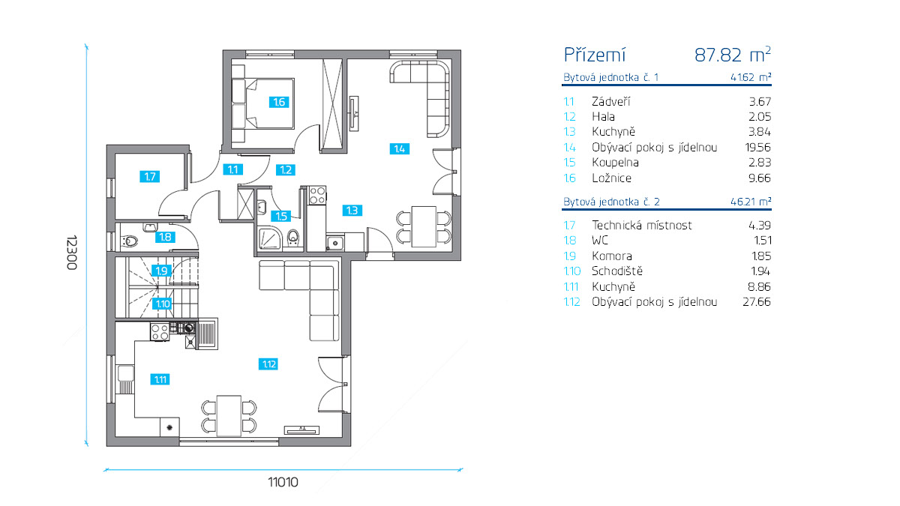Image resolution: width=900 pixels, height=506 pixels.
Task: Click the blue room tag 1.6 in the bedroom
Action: pos(279,102)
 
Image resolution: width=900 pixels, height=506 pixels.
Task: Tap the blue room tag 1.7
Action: pos(149,176)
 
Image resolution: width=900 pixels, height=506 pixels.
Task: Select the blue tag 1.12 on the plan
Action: pos(268,364)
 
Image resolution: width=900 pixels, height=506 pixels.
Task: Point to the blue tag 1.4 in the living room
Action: pos(399,149)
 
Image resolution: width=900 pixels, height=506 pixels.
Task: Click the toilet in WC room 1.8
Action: pos(129,241)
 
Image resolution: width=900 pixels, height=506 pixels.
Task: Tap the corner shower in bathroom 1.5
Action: pos(270,238)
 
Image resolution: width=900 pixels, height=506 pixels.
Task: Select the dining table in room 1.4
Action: pos(424,226)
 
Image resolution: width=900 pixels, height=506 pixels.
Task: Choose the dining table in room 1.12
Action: pos(229,415)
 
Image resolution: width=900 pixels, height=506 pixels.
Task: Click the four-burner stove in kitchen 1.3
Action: pos(317,195)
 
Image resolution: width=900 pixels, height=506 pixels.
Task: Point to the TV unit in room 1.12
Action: pos(301,430)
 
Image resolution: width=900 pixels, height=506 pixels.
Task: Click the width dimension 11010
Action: pos(283,482)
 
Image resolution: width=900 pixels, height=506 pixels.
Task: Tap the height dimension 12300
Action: pos(72,253)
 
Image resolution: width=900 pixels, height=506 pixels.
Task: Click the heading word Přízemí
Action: pos(595,55)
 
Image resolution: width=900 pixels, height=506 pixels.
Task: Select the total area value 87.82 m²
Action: pos(733,55)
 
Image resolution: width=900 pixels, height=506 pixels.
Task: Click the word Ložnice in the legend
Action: pos(611,178)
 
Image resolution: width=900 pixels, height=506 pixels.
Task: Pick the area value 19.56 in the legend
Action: pos(758,148)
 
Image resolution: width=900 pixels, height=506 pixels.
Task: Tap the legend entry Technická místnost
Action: pos(642,226)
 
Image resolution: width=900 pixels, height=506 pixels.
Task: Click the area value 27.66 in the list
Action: pos(757,301)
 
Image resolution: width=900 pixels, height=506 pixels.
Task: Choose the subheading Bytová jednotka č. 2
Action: pos(611,202)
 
